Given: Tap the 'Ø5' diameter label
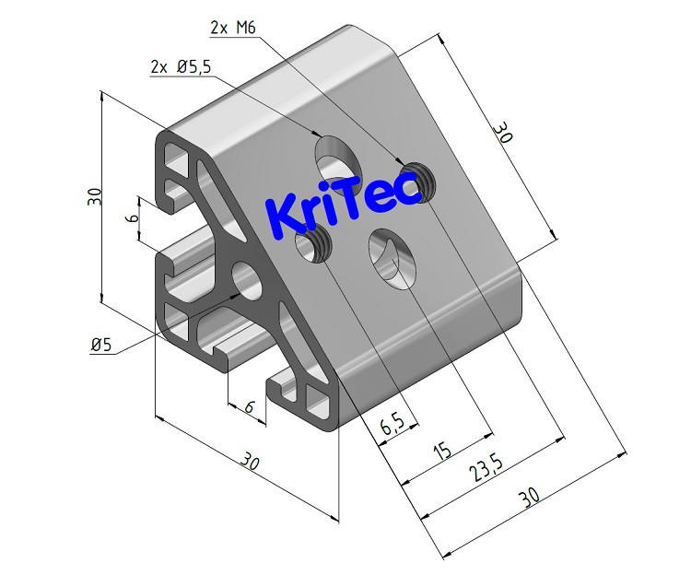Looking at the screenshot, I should (101, 345).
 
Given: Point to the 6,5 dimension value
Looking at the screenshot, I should (391, 426).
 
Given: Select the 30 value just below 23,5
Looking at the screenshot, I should (528, 498).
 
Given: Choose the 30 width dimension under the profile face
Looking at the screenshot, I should (250, 461).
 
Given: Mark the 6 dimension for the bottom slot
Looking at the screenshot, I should (249, 406).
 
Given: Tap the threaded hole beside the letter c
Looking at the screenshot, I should (420, 179).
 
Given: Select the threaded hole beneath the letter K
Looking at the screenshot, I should (314, 244).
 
